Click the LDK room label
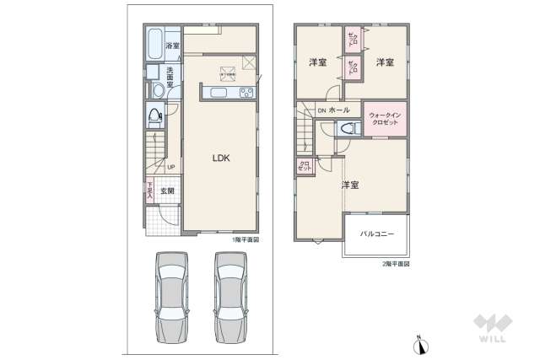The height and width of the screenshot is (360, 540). pyautogui.click(x=221, y=158)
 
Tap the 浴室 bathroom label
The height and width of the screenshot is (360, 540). pyautogui.click(x=172, y=46)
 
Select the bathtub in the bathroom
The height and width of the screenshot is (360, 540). pyautogui.click(x=154, y=43)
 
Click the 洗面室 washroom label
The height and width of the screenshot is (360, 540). pyautogui.click(x=170, y=77)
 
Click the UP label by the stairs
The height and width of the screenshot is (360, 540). pyautogui.click(x=171, y=166)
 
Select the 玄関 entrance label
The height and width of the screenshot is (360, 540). pyautogui.click(x=167, y=191)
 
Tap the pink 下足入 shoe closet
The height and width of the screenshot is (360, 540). pyautogui.click(x=149, y=191)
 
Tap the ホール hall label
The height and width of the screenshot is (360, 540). pyautogui.click(x=339, y=110)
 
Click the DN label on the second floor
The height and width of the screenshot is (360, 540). pyautogui.click(x=321, y=110)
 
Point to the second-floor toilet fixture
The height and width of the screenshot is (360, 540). pyautogui.click(x=347, y=129)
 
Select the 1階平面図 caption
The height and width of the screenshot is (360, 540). pyautogui.click(x=245, y=240)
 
